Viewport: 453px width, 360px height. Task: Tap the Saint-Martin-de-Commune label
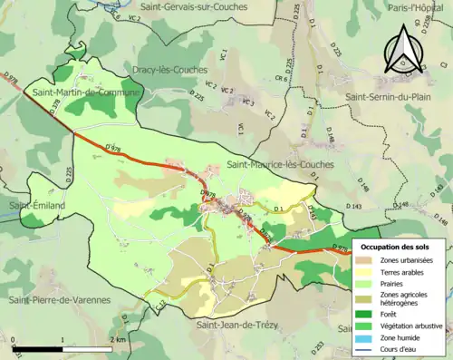pyautogui.click(x=86, y=92)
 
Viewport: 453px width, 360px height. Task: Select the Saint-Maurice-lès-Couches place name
pyautogui.click(x=280, y=164)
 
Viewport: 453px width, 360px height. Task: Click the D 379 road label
pyautogui.click(x=56, y=107)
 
